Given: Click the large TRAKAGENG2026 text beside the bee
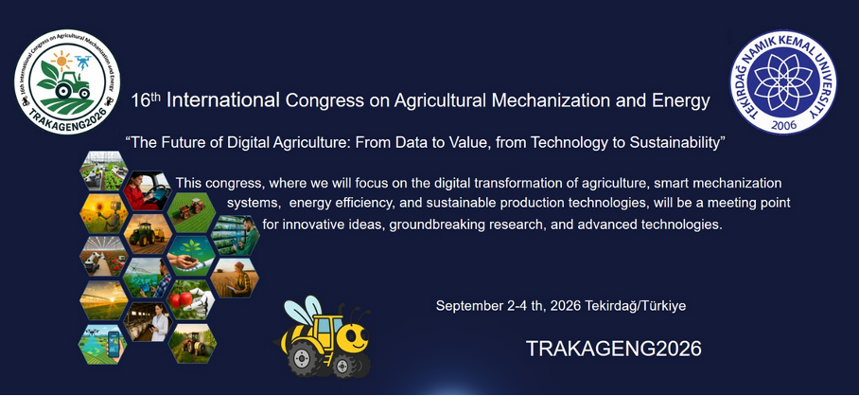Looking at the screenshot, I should pyautogui.click(x=613, y=348).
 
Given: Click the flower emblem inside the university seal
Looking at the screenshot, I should pyautogui.click(x=784, y=80).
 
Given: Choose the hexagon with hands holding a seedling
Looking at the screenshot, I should pyautogui.click(x=192, y=254).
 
